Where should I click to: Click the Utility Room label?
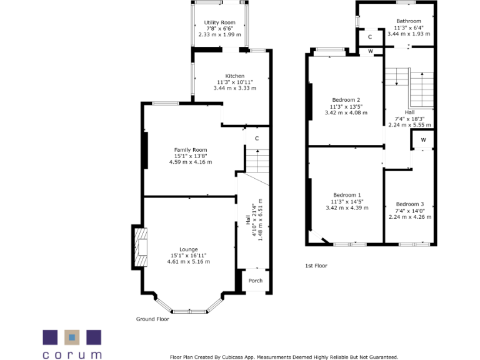click(x=219, y=22)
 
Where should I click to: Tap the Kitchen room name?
click(x=235, y=76)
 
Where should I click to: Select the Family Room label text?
click(x=190, y=150)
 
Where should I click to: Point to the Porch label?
click(x=256, y=281)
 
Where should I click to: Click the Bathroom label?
click(x=409, y=21)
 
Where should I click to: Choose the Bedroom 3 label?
click(x=410, y=204)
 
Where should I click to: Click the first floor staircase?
click(x=409, y=87)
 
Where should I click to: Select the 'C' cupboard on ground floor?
click(x=256, y=138)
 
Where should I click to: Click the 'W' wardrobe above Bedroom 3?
click(x=423, y=139)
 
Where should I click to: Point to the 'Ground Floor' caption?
click(x=152, y=319)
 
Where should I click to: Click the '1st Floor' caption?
click(x=316, y=266)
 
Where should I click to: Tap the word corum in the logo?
click(x=72, y=354)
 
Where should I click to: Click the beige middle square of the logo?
click(x=72, y=337)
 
